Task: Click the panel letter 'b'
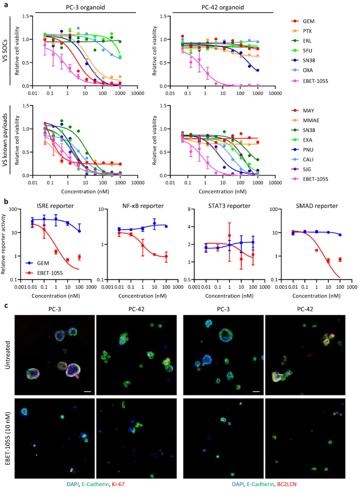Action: [5, 201]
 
